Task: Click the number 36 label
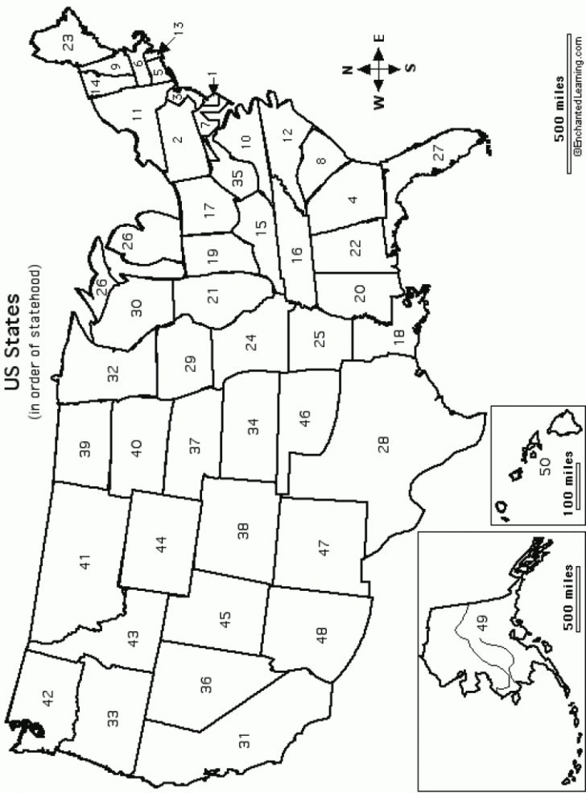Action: (206, 684)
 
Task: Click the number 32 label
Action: (113, 373)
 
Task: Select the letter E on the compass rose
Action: (380, 38)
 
